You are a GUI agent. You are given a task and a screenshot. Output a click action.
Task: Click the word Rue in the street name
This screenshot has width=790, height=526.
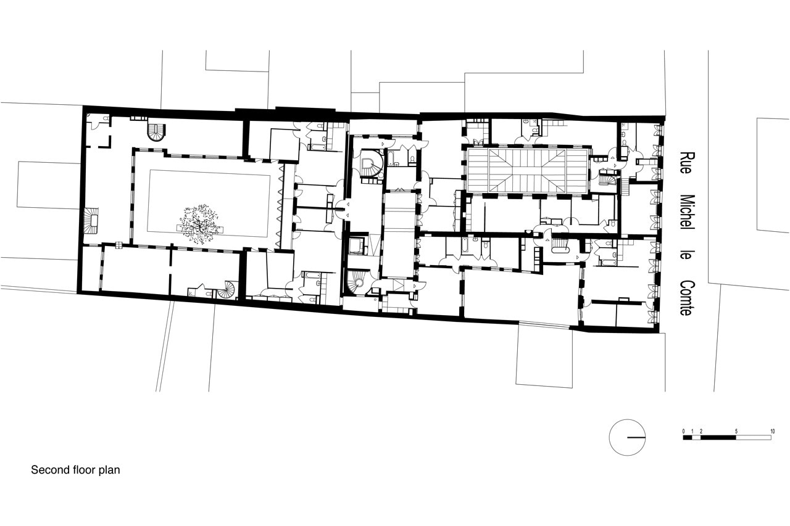[686, 163]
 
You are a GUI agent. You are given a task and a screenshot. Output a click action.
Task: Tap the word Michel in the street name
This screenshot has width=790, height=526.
[687, 213]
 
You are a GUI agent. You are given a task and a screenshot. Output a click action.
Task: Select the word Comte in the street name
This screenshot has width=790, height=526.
[687, 298]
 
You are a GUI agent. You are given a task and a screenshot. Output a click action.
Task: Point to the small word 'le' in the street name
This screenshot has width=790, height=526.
[686, 255]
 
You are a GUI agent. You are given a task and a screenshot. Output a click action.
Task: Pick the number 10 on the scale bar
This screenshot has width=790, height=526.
[772, 431]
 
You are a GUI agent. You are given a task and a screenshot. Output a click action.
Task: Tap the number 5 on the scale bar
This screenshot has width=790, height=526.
[736, 431]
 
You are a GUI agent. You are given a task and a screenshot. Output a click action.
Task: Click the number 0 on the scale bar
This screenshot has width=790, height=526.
[683, 431]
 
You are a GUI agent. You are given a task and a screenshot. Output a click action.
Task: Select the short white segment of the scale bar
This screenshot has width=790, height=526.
[696, 438]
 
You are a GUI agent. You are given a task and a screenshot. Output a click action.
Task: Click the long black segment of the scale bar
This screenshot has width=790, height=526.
[718, 438]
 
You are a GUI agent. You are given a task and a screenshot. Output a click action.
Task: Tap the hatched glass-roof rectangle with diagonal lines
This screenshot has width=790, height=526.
[527, 170]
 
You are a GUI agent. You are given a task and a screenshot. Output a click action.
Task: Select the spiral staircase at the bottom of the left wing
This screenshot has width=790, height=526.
[226, 290]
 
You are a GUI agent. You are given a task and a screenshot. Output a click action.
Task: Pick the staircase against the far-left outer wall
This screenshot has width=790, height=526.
[93, 220]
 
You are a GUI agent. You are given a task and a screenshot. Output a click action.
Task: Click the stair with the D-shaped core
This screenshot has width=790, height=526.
[371, 164]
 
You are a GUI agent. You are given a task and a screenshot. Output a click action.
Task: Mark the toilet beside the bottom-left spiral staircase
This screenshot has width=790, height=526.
[208, 294]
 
